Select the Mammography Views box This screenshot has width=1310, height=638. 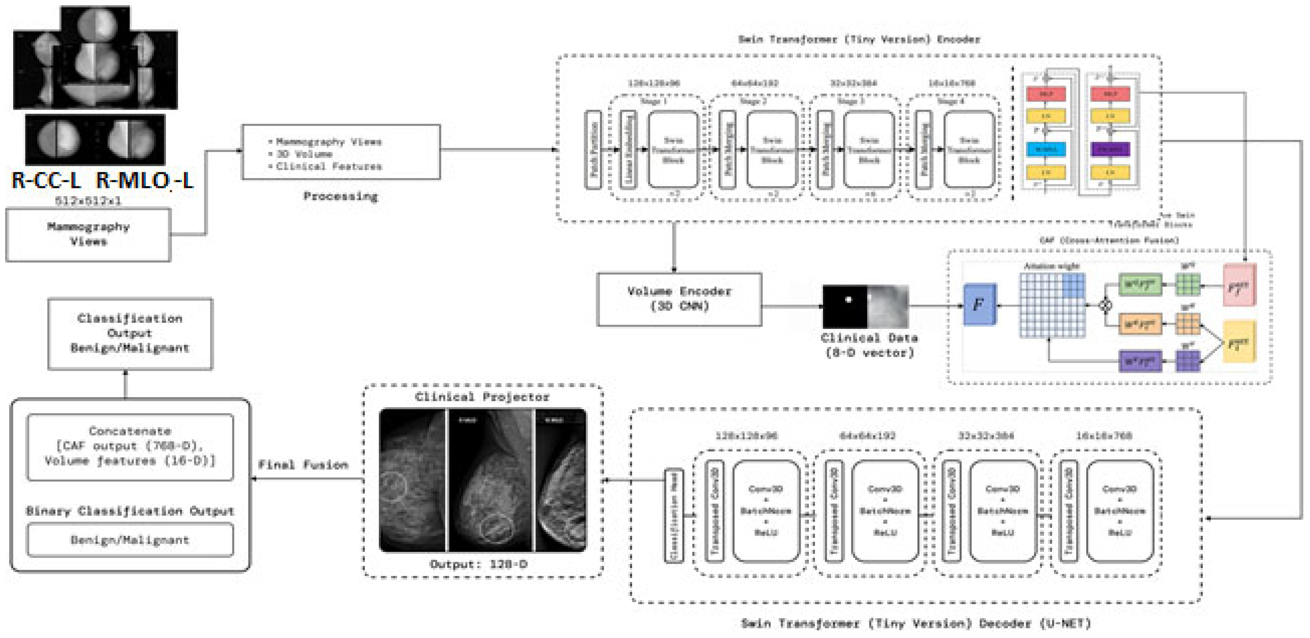[88, 235]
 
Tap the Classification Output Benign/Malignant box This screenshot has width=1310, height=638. [130, 334]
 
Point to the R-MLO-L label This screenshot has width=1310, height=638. [145, 180]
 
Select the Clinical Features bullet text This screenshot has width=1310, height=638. [329, 166]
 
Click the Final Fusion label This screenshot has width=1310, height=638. [303, 465]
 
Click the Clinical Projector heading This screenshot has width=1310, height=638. [482, 397]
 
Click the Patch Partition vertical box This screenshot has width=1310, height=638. [593, 150]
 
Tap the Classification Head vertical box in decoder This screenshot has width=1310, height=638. [674, 516]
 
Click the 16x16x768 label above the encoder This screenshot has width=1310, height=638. [952, 83]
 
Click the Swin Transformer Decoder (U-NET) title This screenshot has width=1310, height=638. [915, 623]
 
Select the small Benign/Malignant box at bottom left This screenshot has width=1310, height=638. [130, 540]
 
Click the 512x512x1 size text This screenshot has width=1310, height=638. [88, 201]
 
